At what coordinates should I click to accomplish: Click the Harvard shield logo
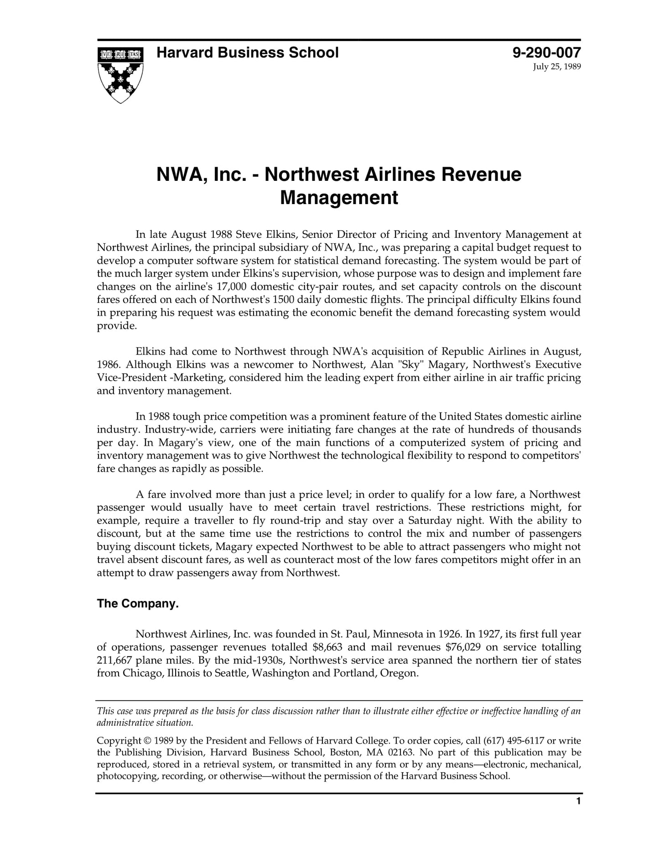120,74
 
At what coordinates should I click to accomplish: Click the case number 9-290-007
546,53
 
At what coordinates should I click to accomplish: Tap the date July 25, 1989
557,67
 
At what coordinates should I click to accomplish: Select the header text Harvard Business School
247,53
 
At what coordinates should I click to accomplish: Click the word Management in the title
338,198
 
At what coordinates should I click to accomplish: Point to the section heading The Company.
138,604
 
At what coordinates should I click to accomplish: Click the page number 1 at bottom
578,814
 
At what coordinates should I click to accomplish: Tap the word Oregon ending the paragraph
401,673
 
